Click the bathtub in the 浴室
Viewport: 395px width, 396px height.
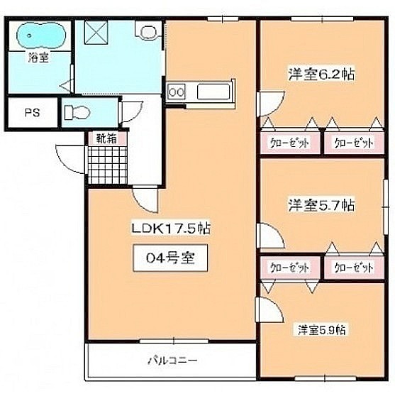pyautogui.click(x=41, y=35)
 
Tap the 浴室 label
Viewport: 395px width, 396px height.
pyautogui.click(x=38, y=57)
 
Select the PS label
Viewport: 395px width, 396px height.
pyautogui.click(x=33, y=113)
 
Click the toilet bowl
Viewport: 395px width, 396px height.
pyautogui.click(x=77, y=112)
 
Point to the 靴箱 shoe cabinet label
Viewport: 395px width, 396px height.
pyautogui.click(x=106, y=138)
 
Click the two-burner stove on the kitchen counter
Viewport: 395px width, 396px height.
pyautogui.click(x=177, y=92)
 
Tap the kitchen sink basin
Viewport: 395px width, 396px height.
pyautogui.click(x=213, y=92)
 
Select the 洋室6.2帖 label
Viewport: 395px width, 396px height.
pyautogui.click(x=321, y=74)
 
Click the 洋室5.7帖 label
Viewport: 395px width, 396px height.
pyautogui.click(x=321, y=205)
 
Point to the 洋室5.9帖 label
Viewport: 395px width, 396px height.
pyautogui.click(x=321, y=330)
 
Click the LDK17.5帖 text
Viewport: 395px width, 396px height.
pyautogui.click(x=171, y=229)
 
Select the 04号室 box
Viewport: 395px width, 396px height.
pyautogui.click(x=170, y=258)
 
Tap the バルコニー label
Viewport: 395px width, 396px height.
pyautogui.click(x=172, y=360)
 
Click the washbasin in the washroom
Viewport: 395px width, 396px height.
pyautogui.click(x=148, y=31)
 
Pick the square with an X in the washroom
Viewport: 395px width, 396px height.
pyautogui.click(x=96, y=33)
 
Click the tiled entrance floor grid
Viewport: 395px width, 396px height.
pyautogui.click(x=107, y=165)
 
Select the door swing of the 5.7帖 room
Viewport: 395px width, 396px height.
pyautogui.click(x=277, y=231)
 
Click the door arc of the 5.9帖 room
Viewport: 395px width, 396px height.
pyautogui.click(x=276, y=305)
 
